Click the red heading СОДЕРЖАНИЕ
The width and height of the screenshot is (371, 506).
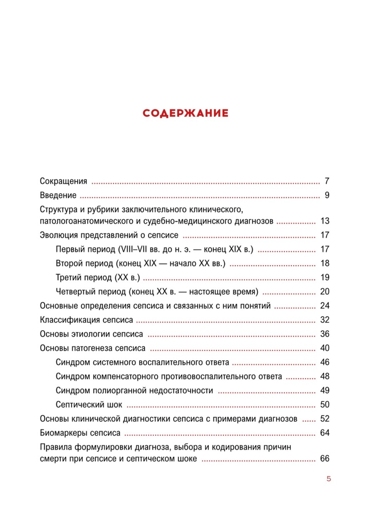coord(185,113)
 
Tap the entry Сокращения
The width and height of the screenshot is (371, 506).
coord(63,182)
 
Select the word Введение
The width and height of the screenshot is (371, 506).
coord(58,196)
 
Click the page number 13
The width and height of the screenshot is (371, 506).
coord(324,221)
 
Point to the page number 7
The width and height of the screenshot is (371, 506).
coord(326,182)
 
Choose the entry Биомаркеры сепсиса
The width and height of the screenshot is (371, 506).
coord(80,433)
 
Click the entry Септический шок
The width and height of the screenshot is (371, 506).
coord(89,405)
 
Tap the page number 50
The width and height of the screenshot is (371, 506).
coord(324,405)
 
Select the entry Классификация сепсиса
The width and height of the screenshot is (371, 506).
coord(86,320)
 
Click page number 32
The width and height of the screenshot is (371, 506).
coord(324,320)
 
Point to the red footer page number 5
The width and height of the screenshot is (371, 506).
coord(328,479)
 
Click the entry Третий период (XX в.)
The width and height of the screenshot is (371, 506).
coord(97,278)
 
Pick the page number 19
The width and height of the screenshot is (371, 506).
coord(324,278)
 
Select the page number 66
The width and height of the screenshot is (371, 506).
coord(324,459)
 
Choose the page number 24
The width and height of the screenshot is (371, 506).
coord(324,306)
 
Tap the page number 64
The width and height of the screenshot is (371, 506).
coord(324,433)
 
